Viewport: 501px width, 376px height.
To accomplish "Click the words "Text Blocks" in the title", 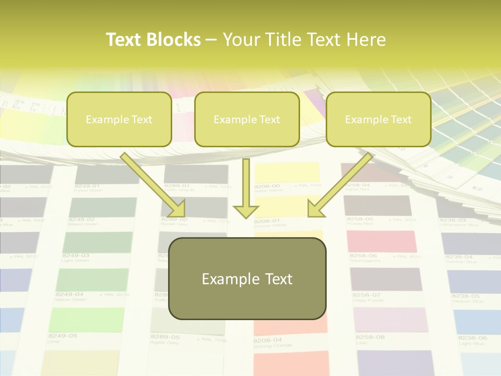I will [153, 40].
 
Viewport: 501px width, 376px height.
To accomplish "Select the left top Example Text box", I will [119, 119].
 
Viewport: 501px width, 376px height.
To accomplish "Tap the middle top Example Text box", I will [247, 119].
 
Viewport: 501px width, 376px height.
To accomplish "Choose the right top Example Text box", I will [378, 119].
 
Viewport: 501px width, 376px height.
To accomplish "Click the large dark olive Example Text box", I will [247, 278].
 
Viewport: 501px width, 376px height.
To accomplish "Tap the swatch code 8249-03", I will [75, 256].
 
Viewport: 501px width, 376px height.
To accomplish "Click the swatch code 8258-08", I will [370, 337].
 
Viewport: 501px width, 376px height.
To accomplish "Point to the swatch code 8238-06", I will [472, 338].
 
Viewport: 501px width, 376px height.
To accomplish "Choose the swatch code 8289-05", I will [165, 337].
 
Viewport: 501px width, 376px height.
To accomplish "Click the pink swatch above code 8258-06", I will [381, 241].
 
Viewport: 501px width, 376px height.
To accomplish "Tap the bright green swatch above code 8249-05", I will [86, 319].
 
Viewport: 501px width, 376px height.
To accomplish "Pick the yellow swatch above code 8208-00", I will [287, 172].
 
